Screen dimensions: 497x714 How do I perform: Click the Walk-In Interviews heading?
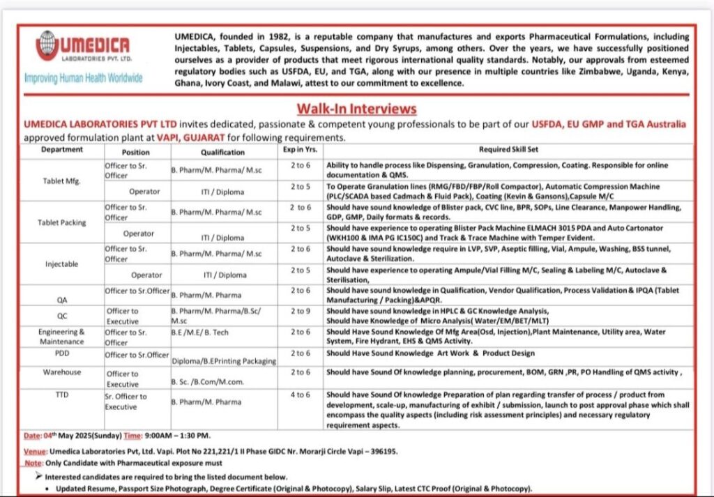point(356,109)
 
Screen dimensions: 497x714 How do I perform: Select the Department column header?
point(61,150)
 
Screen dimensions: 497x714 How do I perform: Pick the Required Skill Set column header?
point(508,150)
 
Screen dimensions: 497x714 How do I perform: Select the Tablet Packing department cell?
point(61,222)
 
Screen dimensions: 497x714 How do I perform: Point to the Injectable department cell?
point(61,264)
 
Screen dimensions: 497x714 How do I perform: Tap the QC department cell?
point(61,314)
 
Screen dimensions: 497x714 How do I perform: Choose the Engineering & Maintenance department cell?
point(61,337)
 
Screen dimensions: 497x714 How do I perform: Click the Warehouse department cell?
point(61,372)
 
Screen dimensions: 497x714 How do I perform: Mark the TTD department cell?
point(61,394)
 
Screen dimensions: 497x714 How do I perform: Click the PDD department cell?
point(61,353)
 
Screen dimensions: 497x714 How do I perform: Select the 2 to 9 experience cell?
point(301,311)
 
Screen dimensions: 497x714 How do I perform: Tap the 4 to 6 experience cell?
point(301,395)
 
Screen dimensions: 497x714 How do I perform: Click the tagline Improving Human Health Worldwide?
point(83,78)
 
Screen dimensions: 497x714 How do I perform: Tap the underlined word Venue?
point(35,451)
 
